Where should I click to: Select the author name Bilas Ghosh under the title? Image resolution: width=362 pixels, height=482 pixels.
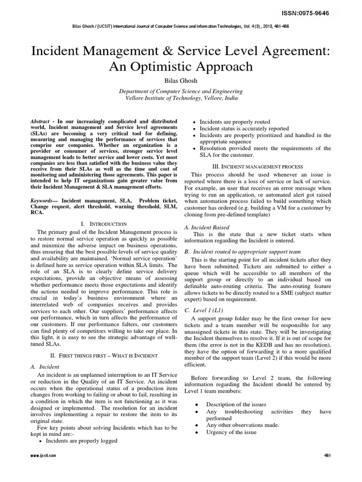point(181,80)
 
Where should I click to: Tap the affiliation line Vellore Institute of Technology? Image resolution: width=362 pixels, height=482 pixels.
point(181,98)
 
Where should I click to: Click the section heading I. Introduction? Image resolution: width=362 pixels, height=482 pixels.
point(97,223)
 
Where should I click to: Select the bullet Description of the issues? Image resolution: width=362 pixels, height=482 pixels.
point(236,404)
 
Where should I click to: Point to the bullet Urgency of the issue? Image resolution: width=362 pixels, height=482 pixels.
point(231,432)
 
